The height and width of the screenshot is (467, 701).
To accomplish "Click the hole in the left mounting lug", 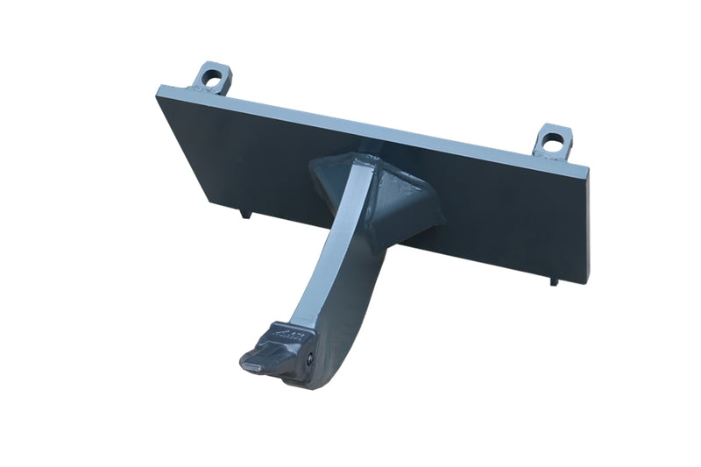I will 210,76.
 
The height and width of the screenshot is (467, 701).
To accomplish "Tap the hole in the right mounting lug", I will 552,138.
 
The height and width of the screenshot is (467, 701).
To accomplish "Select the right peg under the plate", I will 554,282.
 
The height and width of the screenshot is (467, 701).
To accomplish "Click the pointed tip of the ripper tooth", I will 248,360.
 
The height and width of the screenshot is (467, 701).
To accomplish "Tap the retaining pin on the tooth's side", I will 310,358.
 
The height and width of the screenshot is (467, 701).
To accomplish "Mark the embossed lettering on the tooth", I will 288,334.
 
